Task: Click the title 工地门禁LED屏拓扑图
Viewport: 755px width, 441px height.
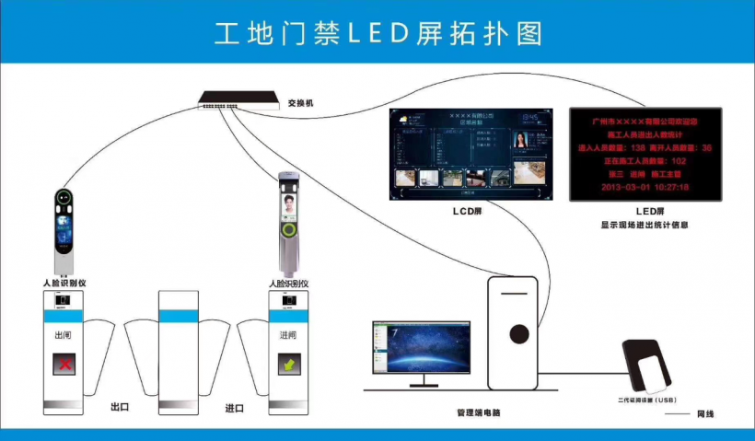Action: click(x=377, y=33)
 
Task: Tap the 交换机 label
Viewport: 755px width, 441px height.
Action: click(x=300, y=103)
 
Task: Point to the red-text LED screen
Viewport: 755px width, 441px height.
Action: click(x=644, y=154)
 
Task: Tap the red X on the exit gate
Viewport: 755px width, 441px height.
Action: click(x=65, y=365)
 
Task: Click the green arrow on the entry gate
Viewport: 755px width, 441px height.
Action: click(x=288, y=365)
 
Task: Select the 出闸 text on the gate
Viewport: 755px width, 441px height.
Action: click(x=64, y=336)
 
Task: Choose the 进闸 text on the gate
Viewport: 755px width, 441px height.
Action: click(x=288, y=336)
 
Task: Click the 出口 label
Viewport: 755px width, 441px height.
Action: click(x=119, y=406)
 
